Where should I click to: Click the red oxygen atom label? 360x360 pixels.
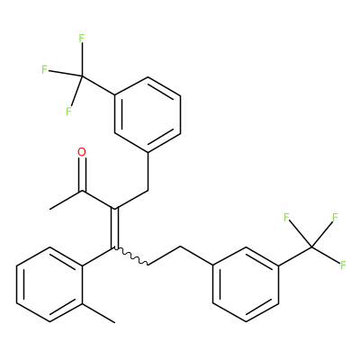coord(82,152)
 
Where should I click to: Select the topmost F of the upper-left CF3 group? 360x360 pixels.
coord(82,39)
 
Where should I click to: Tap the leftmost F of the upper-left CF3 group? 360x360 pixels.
coord(44,70)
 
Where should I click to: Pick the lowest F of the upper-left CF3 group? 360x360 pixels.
coord(68,112)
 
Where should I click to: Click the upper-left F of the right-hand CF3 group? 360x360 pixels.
coord(286,217)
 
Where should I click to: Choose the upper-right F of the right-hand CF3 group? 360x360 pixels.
coord(336,217)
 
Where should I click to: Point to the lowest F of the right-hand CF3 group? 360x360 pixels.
coord(343,265)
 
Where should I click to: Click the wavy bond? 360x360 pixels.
coord(131,256)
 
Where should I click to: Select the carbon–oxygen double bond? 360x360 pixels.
coord(82,175)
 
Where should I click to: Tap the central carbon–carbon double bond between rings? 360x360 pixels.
coord(115,229)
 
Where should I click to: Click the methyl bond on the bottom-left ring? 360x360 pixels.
coord(98,313)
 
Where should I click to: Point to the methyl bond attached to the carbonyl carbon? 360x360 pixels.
coord(66,200)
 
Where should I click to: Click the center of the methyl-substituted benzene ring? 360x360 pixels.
coord(49,284)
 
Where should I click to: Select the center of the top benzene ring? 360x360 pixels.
coord(148,114)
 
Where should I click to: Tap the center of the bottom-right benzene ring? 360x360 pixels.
coord(246,284)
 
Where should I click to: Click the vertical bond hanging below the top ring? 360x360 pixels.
coord(148,171)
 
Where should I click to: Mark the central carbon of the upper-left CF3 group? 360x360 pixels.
coord(82,76)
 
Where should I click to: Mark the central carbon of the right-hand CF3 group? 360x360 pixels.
coord(311,247)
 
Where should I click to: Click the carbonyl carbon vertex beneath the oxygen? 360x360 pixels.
coord(82,191)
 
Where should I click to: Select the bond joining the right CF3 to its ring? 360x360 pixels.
coord(295,256)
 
